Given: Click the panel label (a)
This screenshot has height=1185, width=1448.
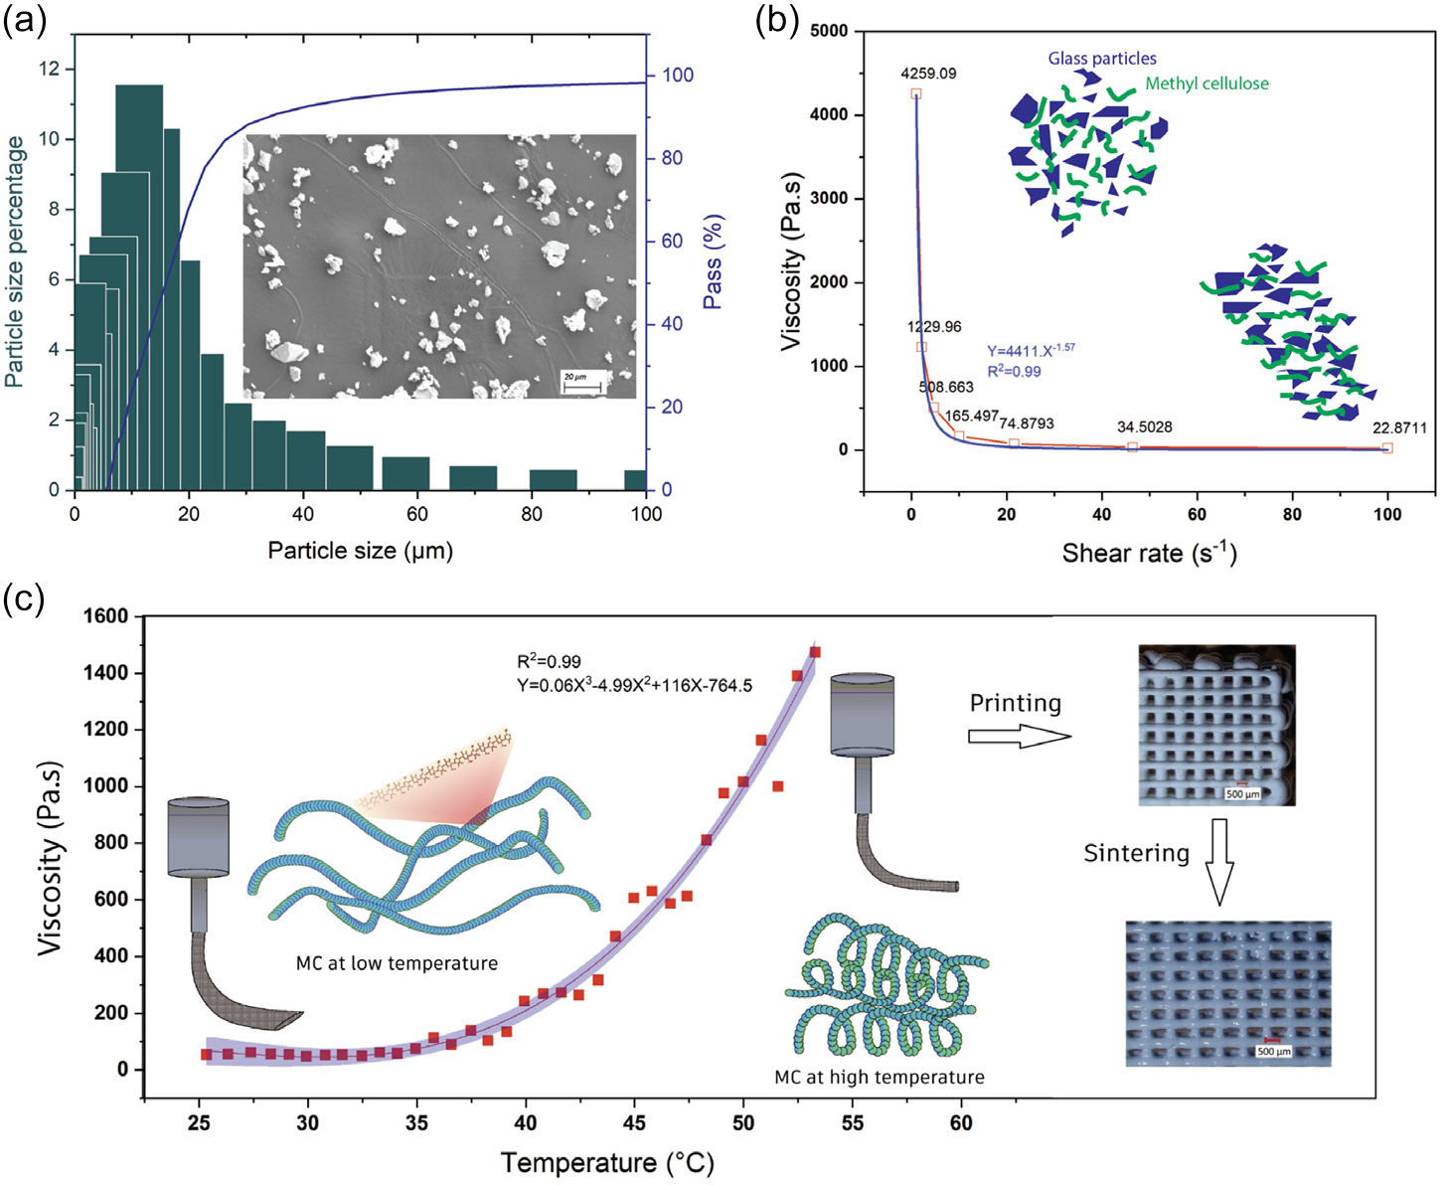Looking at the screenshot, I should tap(24, 19).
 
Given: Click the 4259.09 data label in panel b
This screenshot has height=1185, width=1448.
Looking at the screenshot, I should tap(928, 74).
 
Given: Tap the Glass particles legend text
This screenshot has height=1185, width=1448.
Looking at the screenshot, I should tap(1102, 59).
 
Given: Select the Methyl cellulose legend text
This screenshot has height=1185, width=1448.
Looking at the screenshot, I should tap(1207, 84).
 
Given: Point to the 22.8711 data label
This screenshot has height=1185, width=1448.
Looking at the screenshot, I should tap(1399, 427).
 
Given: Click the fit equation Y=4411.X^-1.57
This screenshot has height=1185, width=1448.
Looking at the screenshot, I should tap(1031, 350).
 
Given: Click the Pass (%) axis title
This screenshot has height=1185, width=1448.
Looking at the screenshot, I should tap(713, 260).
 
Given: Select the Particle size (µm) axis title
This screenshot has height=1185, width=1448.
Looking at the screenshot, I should tap(360, 550).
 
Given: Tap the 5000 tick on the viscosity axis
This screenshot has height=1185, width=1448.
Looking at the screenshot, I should tap(829, 31).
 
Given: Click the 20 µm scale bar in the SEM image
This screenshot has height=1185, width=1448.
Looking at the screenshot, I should tap(581, 382).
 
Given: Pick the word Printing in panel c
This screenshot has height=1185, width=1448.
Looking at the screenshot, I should tap(1016, 703).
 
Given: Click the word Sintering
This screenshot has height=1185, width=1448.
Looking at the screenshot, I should tap(1136, 853).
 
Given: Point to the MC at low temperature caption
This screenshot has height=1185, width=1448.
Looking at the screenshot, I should tap(397, 963).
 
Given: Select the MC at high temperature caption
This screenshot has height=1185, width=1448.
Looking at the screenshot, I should tap(880, 1077).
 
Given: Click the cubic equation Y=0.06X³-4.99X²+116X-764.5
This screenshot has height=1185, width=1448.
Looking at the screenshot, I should tap(634, 685).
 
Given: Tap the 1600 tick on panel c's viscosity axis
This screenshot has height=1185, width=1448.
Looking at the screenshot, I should tap(106, 616).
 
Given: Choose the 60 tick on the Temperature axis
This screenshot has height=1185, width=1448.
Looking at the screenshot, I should tap(961, 1122).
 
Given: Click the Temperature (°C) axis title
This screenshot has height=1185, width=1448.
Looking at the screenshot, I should tap(607, 1162).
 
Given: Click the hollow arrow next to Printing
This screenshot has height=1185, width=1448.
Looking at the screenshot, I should tap(1020, 737).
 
